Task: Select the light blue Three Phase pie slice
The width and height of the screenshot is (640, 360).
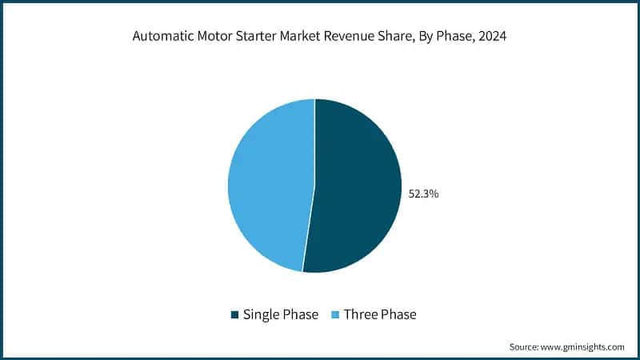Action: point(268,184)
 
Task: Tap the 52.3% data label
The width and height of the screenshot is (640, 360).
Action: point(423,194)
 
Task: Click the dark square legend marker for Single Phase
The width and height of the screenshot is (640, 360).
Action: point(234,314)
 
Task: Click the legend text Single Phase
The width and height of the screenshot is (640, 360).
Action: point(281,314)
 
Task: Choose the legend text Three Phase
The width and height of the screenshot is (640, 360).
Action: point(380,314)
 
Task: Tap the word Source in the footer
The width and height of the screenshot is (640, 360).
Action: point(526,347)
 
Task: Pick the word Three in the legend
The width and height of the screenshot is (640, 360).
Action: point(361,314)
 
